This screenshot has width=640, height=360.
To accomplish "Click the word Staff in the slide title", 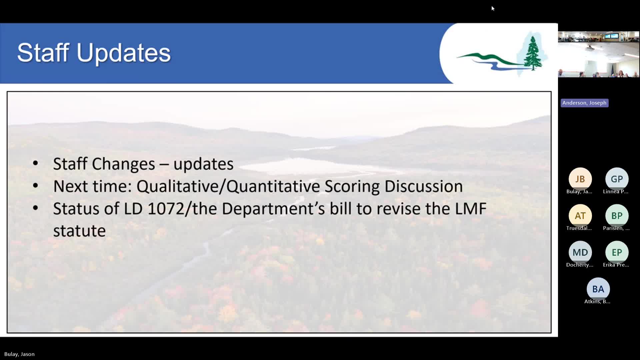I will tap(43, 53).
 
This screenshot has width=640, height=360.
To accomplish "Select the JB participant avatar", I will tap(580, 179).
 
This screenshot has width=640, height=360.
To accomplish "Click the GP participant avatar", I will tap(617, 179).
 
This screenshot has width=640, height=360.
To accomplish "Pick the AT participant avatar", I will tap(580, 216).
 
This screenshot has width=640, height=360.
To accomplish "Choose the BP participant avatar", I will tap(617, 216).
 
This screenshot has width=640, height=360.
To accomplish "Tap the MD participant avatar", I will tap(580, 252).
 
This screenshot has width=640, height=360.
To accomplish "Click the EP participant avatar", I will tap(617, 252).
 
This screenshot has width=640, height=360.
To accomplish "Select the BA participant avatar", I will tap(598, 289).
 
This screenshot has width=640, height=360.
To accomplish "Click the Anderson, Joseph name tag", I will tap(584, 103).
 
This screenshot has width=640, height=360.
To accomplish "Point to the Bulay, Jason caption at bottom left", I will tap(19, 354).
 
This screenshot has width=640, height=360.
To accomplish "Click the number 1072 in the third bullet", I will tap(166, 209).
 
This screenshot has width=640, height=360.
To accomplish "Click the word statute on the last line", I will tap(79, 231).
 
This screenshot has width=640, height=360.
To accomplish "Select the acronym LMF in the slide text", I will tap(470, 209).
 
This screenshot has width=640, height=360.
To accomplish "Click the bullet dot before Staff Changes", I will tap(35, 164).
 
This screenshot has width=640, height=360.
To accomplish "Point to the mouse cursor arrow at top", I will tap(493, 8).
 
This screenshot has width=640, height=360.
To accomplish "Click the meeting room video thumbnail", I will tap(598, 54).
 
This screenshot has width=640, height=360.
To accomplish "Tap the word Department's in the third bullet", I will tap(273, 209).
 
